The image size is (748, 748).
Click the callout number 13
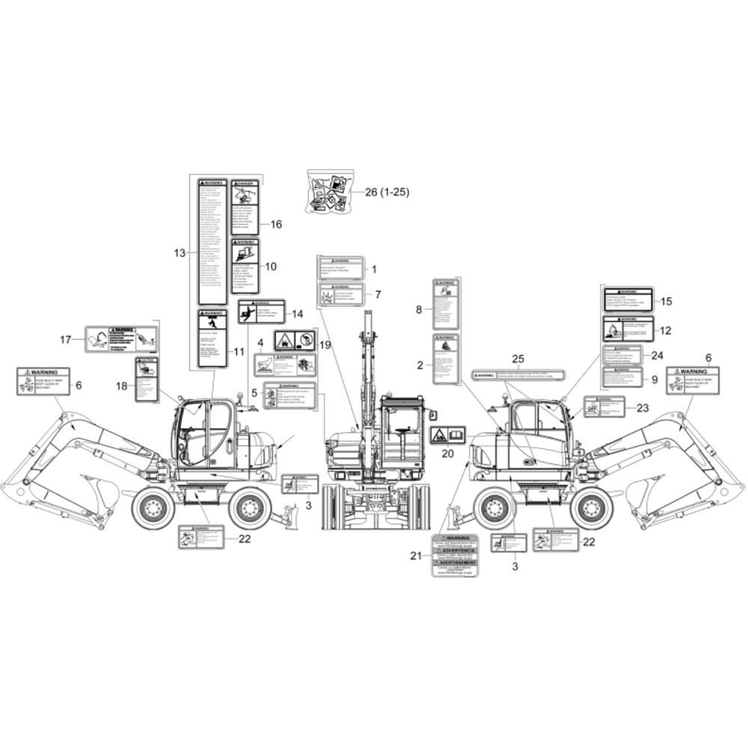pos(179,254)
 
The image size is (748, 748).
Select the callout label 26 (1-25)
pos(387,192)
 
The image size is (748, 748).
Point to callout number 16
pos(276,224)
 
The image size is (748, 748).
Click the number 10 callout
pos(271,266)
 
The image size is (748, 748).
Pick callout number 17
pos(66,340)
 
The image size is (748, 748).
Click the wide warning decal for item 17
pos(120,339)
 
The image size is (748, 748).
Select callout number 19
pos(325,345)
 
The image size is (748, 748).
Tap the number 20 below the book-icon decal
pos(447,453)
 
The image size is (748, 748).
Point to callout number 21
pos(417,555)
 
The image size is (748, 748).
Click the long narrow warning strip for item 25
pos(518,373)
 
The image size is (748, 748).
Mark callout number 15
pos(666,301)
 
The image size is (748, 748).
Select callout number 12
pos(665,330)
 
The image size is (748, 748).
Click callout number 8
pos(419,308)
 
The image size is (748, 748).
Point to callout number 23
pos(642,408)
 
